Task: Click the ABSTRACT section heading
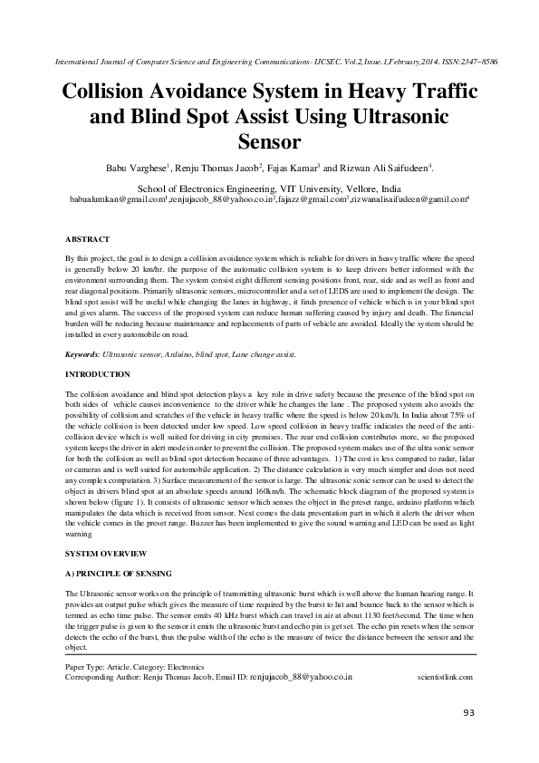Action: coord(88,238)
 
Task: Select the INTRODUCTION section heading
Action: coord(98,374)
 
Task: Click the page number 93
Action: coord(468,713)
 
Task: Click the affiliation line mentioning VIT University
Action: coord(268,185)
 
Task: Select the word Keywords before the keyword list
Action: coord(83,354)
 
